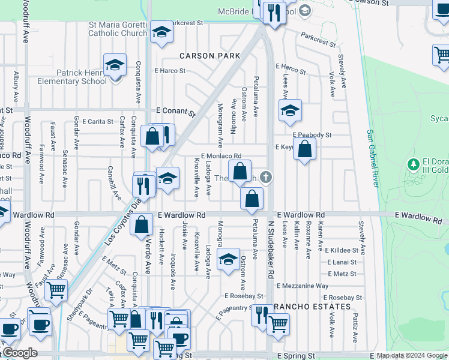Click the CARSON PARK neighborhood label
tap(210, 56)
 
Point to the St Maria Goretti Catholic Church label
tap(118, 29)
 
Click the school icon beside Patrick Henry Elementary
tap(115, 65)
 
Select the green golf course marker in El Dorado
tap(412, 164)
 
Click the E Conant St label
tap(176, 112)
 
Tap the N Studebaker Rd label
tap(271, 251)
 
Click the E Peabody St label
tap(312, 136)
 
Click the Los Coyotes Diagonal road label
tap(123, 223)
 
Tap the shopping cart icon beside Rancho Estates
tap(278, 324)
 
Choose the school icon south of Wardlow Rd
tap(228, 260)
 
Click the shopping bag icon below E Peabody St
tap(305, 149)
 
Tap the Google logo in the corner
tap(19, 353)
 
